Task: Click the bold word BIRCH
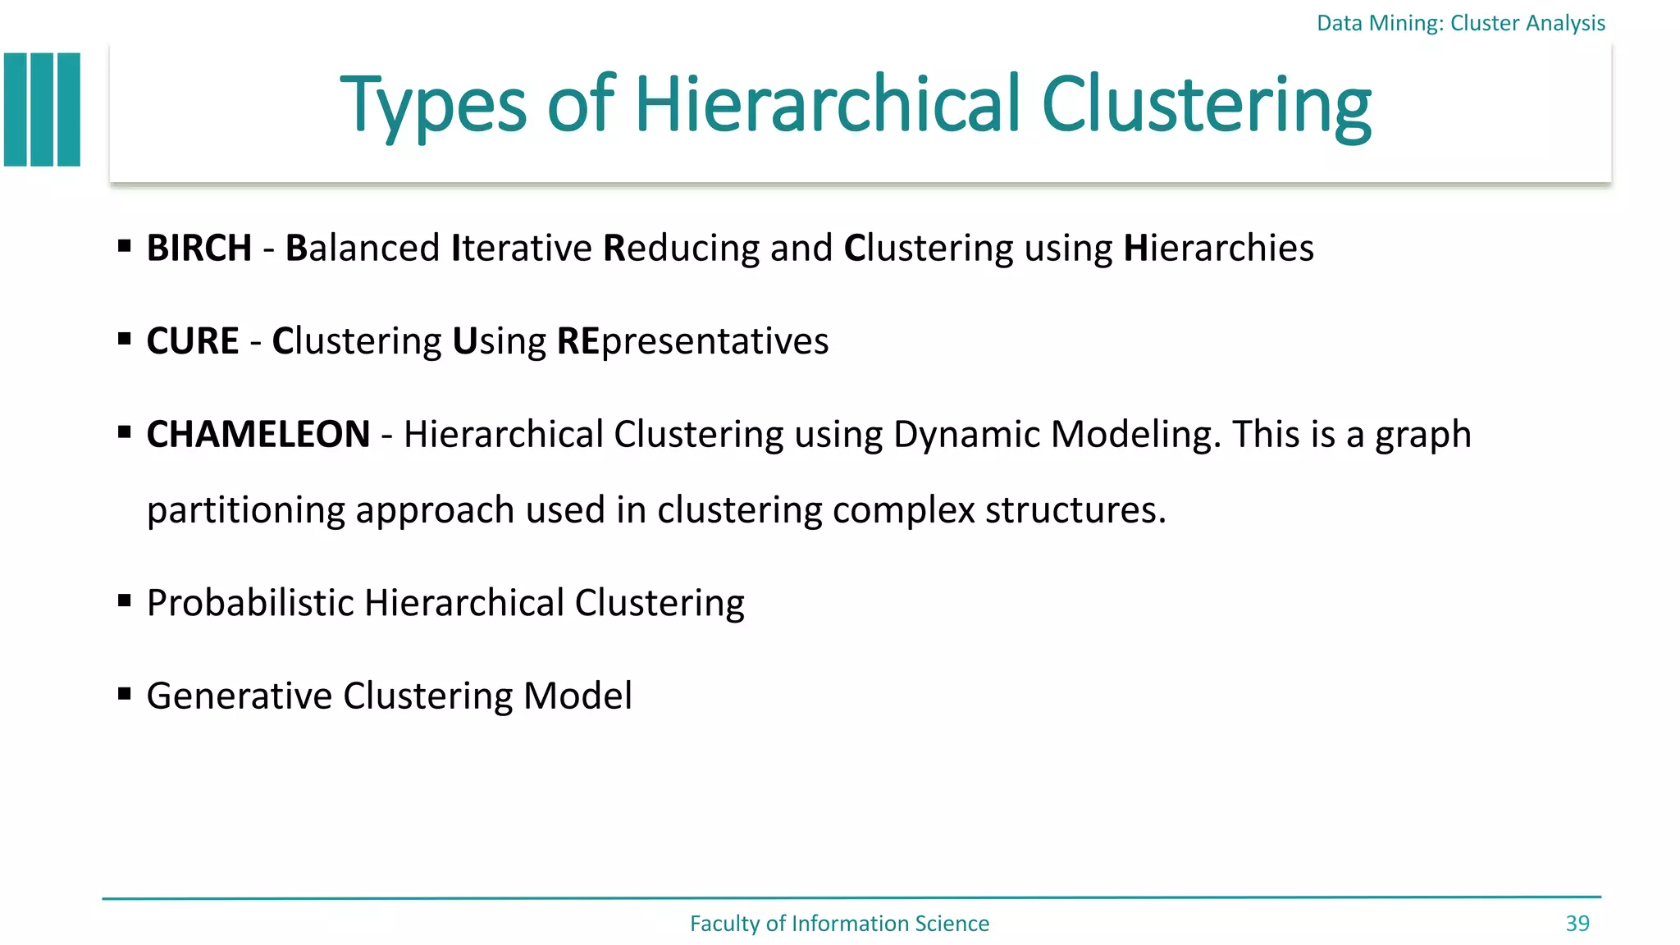(199, 248)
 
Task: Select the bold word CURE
(193, 340)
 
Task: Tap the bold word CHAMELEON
(258, 434)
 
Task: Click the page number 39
(1577, 924)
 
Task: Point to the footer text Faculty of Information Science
(839, 924)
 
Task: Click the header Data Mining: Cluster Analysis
(1460, 23)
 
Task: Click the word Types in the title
(433, 107)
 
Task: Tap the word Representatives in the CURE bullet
(692, 341)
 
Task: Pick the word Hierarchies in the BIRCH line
(1218, 248)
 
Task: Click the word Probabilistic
(250, 603)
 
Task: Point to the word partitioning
(246, 510)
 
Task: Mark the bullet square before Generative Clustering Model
(125, 694)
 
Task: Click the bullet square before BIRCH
(125, 245)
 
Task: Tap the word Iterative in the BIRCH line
(522, 248)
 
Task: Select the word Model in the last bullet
(577, 696)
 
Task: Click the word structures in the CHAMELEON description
(1075, 510)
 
